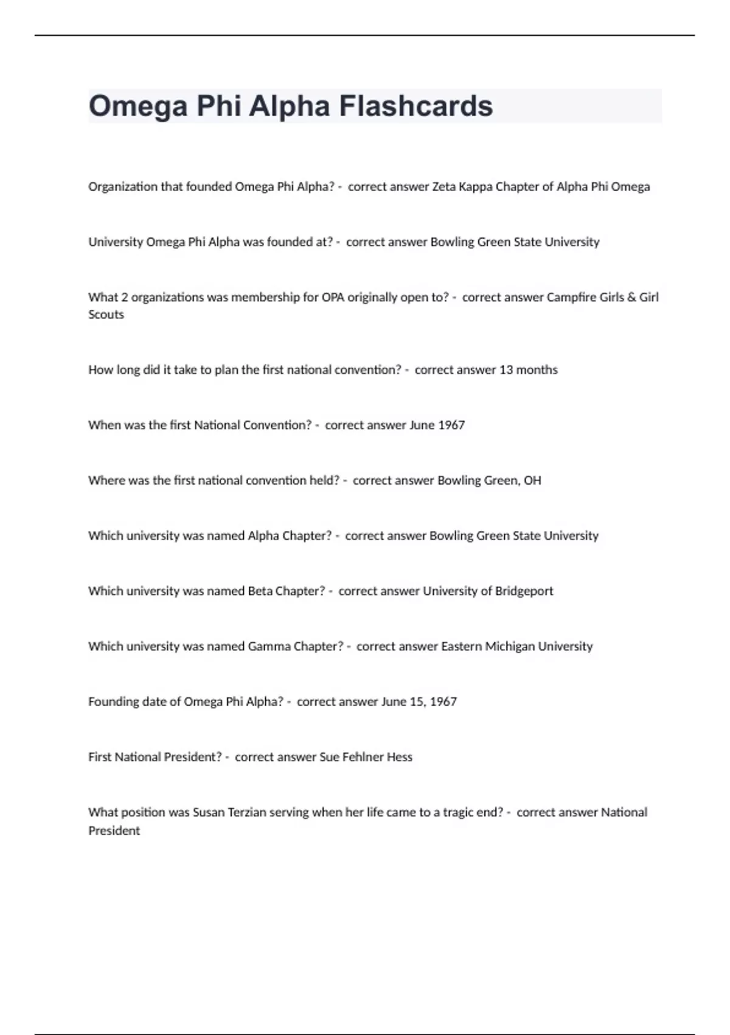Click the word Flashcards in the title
pyautogui.click(x=415, y=106)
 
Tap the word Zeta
pyautogui.click(x=443, y=187)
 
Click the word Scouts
pyautogui.click(x=106, y=315)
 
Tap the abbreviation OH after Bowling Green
pyautogui.click(x=532, y=480)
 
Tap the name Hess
pyautogui.click(x=400, y=757)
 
